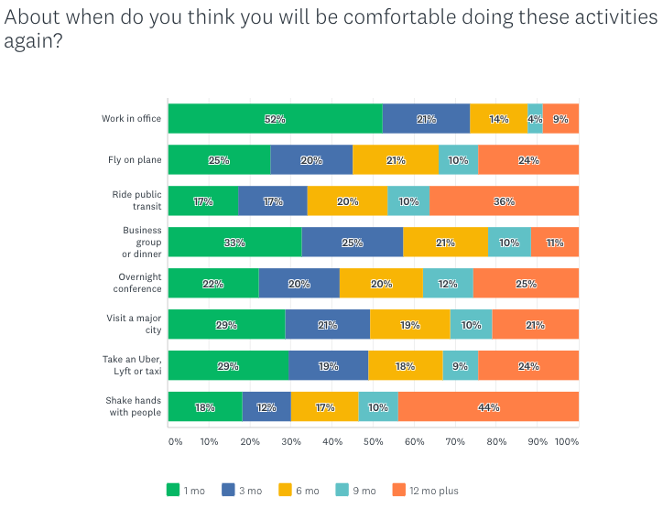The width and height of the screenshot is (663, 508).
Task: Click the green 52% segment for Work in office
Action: pos(275,119)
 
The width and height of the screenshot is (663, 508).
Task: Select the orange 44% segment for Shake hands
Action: pos(488,406)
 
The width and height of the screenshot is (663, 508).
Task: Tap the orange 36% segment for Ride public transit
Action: pos(504,201)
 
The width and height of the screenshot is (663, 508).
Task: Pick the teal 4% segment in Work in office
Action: pos(535,119)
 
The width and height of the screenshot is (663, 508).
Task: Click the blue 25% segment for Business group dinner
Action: pos(352,243)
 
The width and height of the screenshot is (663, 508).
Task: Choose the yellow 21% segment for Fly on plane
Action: pos(396,160)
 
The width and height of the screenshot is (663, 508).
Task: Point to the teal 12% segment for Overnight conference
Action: pos(448,284)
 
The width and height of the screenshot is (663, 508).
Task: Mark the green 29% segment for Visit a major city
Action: pos(226,325)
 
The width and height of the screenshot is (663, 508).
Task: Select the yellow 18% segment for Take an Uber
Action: pos(405,366)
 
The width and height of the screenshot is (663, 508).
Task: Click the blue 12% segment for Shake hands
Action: pos(266,406)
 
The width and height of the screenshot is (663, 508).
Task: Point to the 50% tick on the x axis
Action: pos(373,441)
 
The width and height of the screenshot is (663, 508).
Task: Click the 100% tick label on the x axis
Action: pos(567,441)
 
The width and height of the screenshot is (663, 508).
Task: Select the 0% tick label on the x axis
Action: pos(175,441)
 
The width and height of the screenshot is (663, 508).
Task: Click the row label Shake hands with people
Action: pos(134,406)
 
